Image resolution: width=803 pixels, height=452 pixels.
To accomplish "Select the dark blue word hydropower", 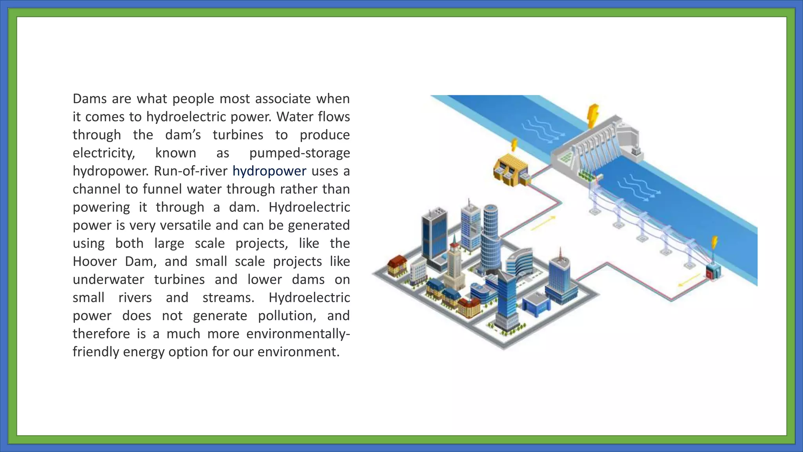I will point(269,171).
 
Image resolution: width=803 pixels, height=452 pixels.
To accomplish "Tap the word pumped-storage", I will point(300,153).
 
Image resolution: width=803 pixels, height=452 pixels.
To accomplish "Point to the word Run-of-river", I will point(191,171).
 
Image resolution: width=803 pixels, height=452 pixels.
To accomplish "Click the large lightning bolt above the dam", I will point(594,115).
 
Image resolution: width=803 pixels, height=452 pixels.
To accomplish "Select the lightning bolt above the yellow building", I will point(514,144).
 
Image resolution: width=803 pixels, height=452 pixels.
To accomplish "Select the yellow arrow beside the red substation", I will point(689,280).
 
